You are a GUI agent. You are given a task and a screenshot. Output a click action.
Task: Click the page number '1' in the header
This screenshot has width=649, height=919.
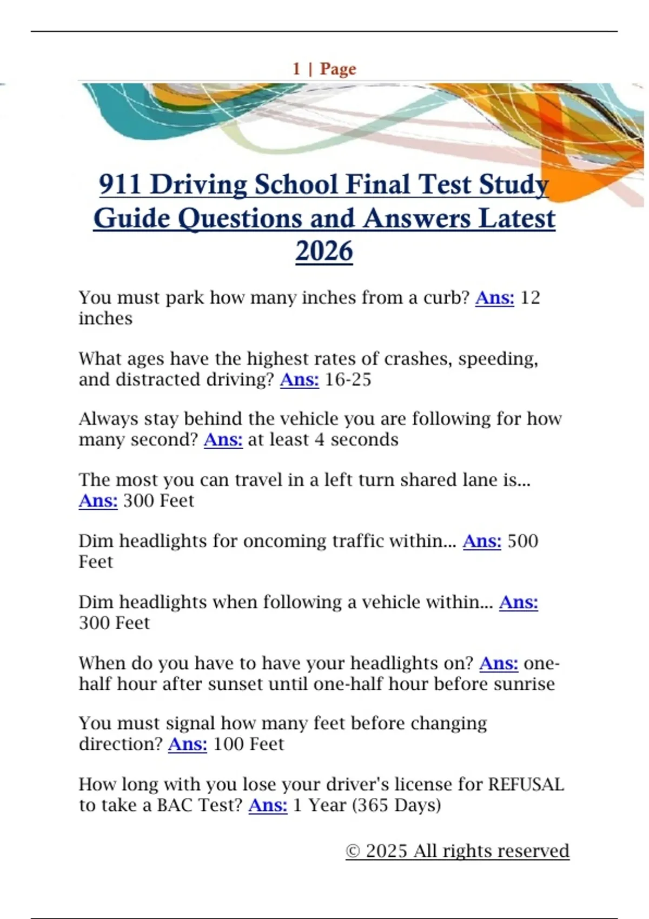pyautogui.click(x=296, y=69)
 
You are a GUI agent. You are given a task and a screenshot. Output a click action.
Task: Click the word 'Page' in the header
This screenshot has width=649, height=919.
pyautogui.click(x=338, y=69)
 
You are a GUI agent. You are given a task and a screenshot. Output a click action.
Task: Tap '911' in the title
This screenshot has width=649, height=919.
pyautogui.click(x=120, y=184)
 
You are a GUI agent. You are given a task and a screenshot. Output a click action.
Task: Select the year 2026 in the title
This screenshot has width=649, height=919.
pyautogui.click(x=324, y=251)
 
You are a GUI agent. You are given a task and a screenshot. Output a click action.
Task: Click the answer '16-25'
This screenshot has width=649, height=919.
pyautogui.click(x=348, y=379)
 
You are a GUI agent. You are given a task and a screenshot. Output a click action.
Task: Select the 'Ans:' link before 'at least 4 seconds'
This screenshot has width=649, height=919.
pyautogui.click(x=223, y=440)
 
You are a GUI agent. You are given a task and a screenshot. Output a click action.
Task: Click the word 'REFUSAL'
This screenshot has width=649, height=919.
pyautogui.click(x=526, y=784)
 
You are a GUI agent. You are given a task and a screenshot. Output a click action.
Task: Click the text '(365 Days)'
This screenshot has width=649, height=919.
pyautogui.click(x=396, y=805)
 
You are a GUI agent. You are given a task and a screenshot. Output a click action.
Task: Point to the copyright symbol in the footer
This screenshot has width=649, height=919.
pyautogui.click(x=353, y=851)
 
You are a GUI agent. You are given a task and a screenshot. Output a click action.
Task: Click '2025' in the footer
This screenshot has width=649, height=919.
pyautogui.click(x=386, y=851)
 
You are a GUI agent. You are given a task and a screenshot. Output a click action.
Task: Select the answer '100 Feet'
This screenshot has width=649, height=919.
pyautogui.click(x=248, y=744)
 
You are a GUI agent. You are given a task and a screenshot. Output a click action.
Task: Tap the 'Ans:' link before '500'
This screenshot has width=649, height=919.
pyautogui.click(x=482, y=541)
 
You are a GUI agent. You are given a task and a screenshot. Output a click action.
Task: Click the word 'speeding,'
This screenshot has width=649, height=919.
pyautogui.click(x=498, y=359)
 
